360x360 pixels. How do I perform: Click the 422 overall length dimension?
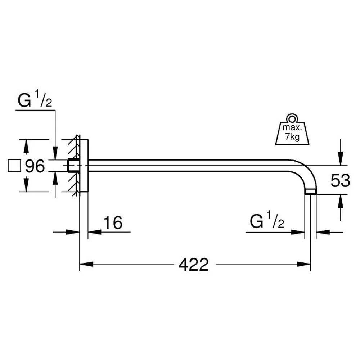(x=194, y=265)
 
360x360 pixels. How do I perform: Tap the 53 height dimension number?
(x=340, y=180)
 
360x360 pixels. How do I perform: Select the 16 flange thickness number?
(x=113, y=222)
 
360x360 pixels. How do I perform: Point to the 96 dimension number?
(x=35, y=166)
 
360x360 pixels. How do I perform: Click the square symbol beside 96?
(x=14, y=166)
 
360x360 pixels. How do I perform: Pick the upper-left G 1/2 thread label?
(x=35, y=99)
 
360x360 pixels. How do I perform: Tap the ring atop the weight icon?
(x=292, y=119)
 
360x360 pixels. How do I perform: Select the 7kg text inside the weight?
(x=292, y=137)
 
